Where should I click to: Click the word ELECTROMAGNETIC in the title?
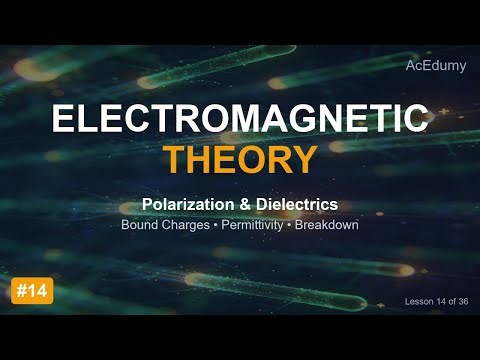(240, 119)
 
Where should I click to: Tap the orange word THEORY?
(240, 159)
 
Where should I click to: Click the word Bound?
(139, 225)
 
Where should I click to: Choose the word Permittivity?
(251, 225)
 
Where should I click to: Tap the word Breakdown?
(327, 225)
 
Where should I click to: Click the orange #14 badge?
(33, 291)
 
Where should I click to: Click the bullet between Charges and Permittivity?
(217, 225)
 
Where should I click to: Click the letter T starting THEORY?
(176, 159)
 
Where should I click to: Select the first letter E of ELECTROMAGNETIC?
(62, 119)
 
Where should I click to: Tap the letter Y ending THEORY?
(306, 159)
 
